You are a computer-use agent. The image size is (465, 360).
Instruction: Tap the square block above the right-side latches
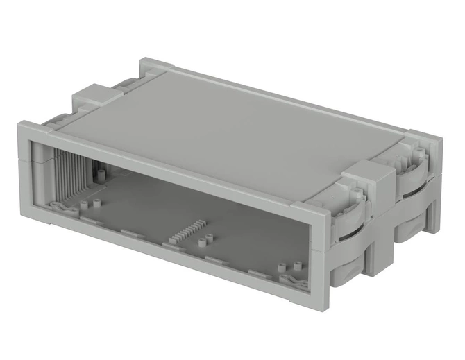[x=366, y=179]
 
